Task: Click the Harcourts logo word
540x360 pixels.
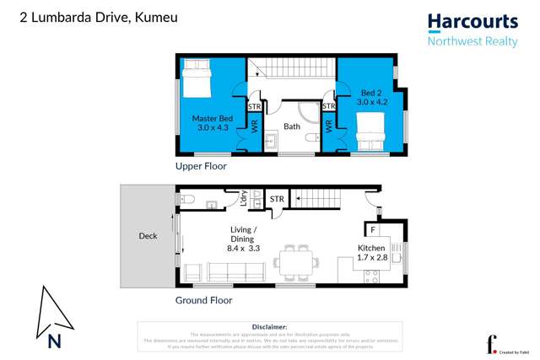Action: tap(472, 23)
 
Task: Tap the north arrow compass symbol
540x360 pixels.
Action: tap(52, 319)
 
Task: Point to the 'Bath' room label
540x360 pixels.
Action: tap(291, 127)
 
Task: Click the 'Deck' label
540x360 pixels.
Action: tap(148, 236)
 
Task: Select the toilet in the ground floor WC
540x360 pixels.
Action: tap(187, 200)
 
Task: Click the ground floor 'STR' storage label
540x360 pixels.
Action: tap(276, 199)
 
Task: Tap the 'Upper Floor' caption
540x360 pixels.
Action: tap(201, 167)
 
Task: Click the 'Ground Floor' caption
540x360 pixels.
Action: tap(203, 300)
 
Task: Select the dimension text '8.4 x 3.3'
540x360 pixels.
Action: tap(244, 248)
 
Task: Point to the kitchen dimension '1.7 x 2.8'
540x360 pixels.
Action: tap(371, 257)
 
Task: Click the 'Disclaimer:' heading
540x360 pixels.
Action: tap(269, 326)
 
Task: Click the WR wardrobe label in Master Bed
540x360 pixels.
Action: tap(254, 128)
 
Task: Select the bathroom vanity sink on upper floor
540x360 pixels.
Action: tap(271, 141)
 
